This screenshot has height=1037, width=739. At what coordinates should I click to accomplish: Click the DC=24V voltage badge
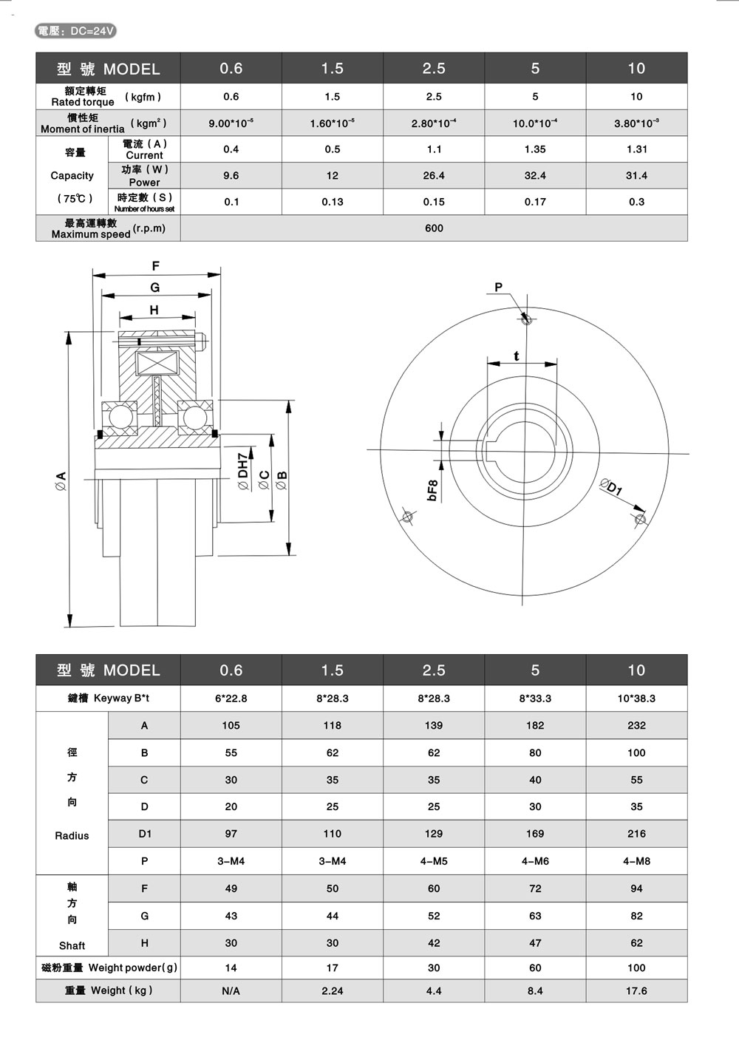[76, 30]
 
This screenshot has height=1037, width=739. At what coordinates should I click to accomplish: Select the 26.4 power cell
[434, 175]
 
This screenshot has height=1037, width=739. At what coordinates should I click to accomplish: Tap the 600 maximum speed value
[434, 228]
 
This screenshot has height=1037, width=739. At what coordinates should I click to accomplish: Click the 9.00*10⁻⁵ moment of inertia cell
[231, 123]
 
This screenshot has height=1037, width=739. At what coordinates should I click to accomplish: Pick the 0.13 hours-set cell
[333, 202]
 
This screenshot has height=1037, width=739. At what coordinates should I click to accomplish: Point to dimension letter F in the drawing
[155, 266]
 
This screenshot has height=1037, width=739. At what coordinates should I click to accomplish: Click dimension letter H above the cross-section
[154, 310]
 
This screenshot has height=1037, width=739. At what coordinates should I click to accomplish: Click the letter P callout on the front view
[498, 288]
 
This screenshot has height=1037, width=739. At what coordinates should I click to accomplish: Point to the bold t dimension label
[516, 356]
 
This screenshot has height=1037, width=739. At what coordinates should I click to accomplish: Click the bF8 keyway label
[433, 491]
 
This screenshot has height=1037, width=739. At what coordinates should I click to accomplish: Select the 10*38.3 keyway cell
[636, 698]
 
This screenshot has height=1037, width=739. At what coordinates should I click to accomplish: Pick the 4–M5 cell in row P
[434, 861]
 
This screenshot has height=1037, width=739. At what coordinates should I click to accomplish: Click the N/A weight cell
[231, 990]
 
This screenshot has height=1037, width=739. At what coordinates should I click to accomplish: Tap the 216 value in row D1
[636, 834]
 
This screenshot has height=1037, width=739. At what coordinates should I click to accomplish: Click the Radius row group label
[72, 835]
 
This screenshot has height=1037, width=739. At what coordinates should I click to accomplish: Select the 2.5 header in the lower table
[434, 670]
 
